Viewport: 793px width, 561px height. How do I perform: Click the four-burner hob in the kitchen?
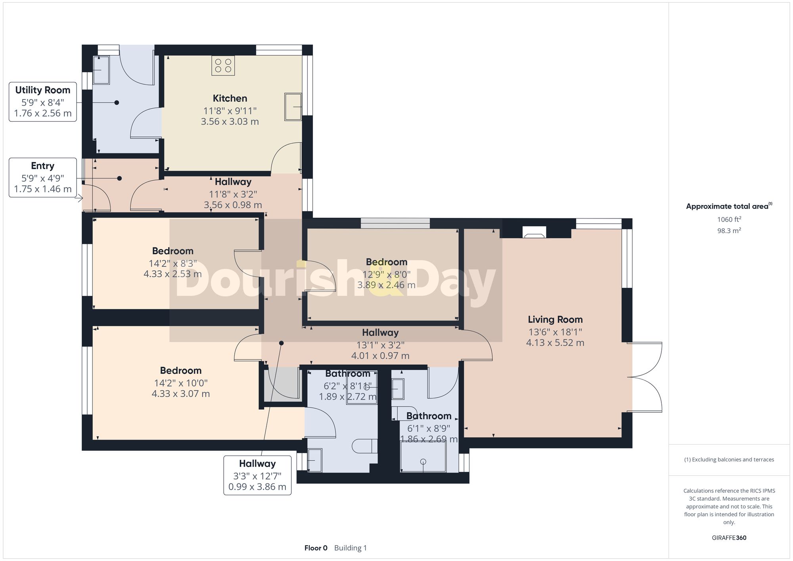coord(223,66)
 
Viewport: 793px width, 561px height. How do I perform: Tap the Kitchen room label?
coord(230,98)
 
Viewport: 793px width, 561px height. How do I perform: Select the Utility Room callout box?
coord(43,102)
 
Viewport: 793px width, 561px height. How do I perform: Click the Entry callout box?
coord(43,178)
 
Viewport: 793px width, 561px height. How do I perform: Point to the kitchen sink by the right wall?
coord(293,107)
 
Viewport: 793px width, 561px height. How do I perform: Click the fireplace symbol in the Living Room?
coord(534,233)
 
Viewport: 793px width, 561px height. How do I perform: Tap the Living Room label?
coord(555,320)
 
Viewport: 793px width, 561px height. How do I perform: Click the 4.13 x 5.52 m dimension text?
coord(555,343)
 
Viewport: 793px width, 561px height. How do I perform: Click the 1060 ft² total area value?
coord(729,219)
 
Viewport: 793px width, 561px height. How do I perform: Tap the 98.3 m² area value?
coord(729,231)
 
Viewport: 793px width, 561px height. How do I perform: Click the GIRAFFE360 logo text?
coord(729,538)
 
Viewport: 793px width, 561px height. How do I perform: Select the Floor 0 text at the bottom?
coord(316,548)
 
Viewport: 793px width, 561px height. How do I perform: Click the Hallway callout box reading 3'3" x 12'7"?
coord(257,475)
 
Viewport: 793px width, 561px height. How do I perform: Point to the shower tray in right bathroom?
coord(423,456)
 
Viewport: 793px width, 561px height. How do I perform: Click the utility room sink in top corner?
coord(101,70)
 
